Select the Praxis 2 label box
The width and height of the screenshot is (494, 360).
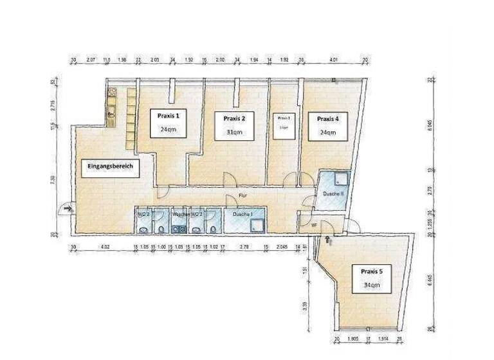click(x=234, y=125)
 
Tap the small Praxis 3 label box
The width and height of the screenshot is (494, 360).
click(x=284, y=122)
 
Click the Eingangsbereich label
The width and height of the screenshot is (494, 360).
click(x=109, y=165)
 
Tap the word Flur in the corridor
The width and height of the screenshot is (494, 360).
click(x=243, y=195)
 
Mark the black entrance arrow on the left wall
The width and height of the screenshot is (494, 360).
click(x=67, y=209)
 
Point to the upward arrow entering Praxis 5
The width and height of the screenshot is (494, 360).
click(x=328, y=240)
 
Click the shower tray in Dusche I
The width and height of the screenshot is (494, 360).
click(x=257, y=224)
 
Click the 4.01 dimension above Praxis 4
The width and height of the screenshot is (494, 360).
click(x=333, y=61)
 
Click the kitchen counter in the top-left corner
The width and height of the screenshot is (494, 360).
click(x=111, y=106)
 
